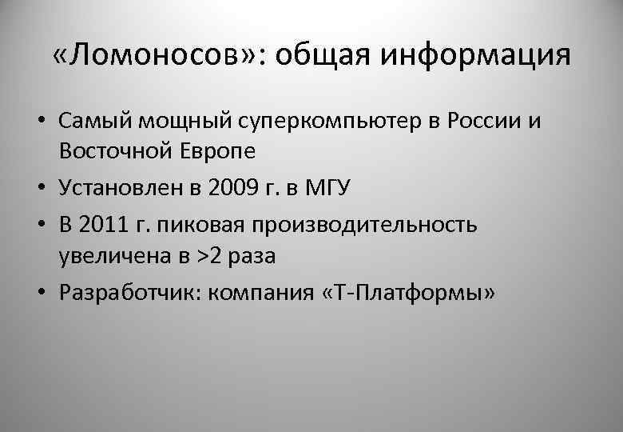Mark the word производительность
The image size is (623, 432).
(363, 225)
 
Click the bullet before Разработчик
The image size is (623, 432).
(40, 294)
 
